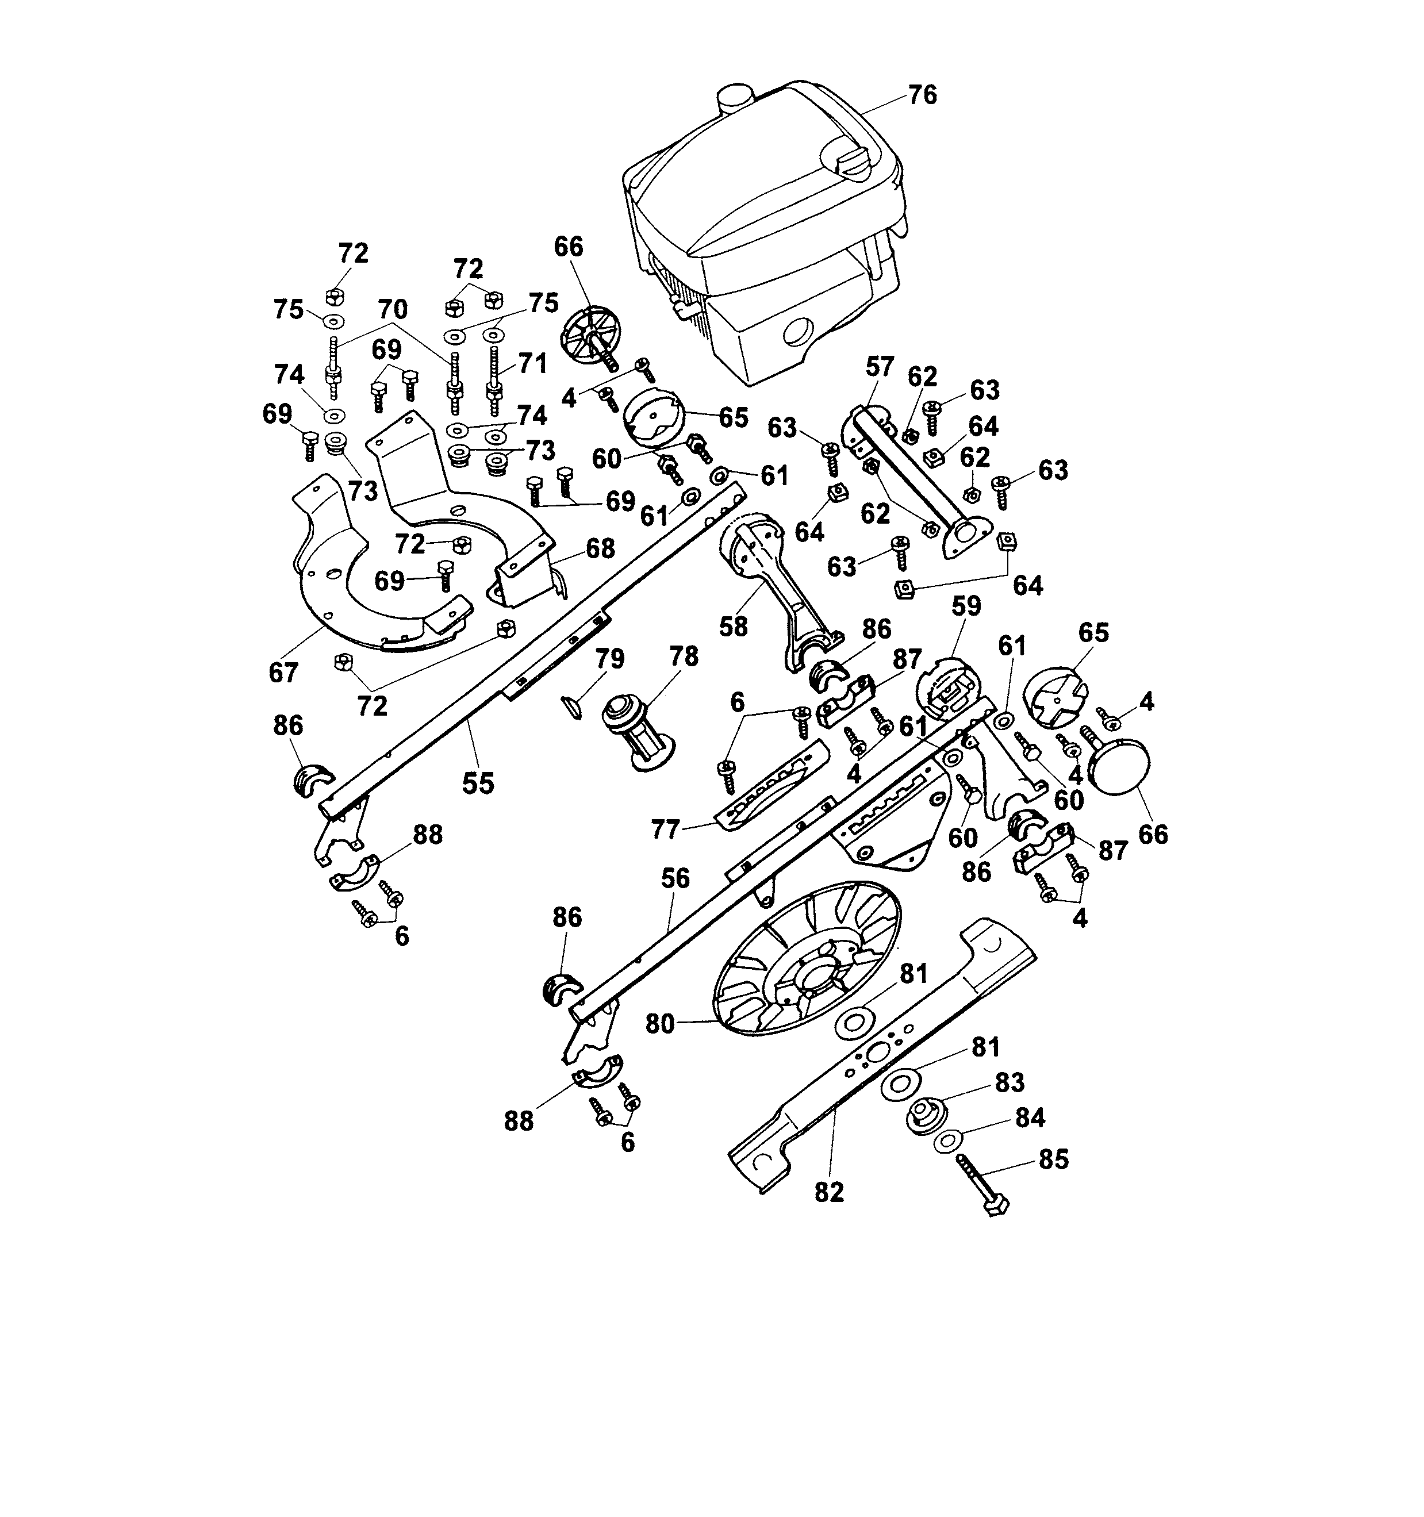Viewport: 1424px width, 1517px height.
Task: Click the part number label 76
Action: click(x=922, y=95)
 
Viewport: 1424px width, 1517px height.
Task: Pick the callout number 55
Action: click(x=478, y=783)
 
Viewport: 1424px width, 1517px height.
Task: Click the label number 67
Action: click(x=282, y=672)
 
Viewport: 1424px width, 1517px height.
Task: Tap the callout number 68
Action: click(x=601, y=548)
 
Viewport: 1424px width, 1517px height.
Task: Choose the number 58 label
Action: click(x=734, y=626)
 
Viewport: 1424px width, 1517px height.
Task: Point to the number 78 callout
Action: click(x=683, y=657)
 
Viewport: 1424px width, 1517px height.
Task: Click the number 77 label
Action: click(x=666, y=829)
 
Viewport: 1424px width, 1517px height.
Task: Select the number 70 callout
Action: click(x=392, y=309)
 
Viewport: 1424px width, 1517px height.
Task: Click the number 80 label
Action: click(x=660, y=1023)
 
